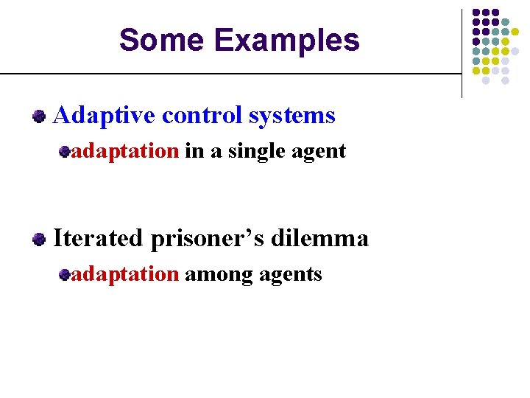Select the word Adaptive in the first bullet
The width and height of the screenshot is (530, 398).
coord(105,116)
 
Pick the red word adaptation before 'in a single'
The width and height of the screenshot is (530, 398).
coord(125,151)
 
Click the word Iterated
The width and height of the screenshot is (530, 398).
coord(99,238)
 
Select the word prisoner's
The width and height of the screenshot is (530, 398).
coord(208,239)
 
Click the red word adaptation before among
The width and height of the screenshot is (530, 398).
coord(125,274)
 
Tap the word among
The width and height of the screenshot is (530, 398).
coord(215,275)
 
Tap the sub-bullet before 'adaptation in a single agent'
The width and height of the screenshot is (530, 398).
coord(65,152)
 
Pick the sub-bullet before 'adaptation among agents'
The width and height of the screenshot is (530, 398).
coord(65,275)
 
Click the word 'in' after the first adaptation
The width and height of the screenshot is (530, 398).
coord(194,151)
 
